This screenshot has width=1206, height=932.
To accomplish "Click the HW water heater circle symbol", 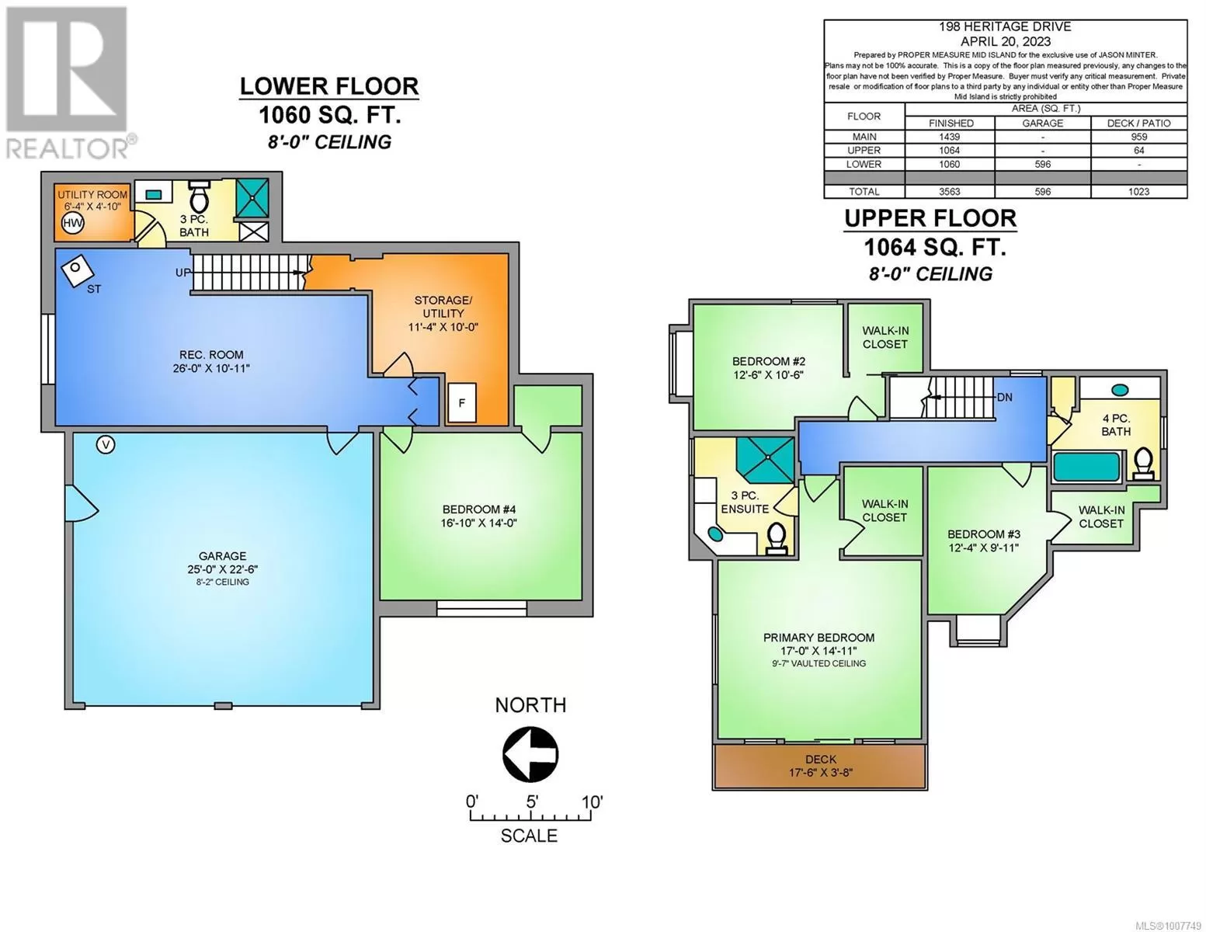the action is (x=73, y=224).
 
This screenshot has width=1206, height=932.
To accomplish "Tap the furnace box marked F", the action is (x=462, y=402).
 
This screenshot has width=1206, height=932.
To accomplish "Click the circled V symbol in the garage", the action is (x=106, y=444).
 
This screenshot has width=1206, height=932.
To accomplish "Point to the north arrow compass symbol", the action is (x=530, y=754).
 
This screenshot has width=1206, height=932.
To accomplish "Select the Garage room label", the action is (x=223, y=555).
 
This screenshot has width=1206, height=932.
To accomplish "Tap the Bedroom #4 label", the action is (x=479, y=509).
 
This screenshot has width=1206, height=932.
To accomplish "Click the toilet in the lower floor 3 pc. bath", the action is (x=198, y=197).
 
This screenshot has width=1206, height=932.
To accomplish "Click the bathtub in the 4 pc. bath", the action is (x=1086, y=468).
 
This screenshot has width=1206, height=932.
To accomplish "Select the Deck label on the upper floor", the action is (x=820, y=760).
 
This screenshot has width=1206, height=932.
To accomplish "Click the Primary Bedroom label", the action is (x=818, y=638).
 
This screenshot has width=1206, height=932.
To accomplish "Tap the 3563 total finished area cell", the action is (x=951, y=192).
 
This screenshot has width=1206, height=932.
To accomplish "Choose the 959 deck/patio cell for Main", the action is (x=1139, y=137).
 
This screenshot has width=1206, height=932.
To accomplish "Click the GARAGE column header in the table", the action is (x=1043, y=123).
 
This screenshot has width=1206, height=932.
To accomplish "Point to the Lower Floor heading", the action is (x=329, y=86).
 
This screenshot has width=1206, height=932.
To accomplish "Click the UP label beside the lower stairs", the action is (x=182, y=273).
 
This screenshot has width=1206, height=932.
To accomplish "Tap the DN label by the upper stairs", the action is (x=1005, y=398).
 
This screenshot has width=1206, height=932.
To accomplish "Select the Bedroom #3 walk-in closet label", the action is (x=1102, y=516).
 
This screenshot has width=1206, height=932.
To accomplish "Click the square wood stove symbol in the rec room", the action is (x=77, y=270).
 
